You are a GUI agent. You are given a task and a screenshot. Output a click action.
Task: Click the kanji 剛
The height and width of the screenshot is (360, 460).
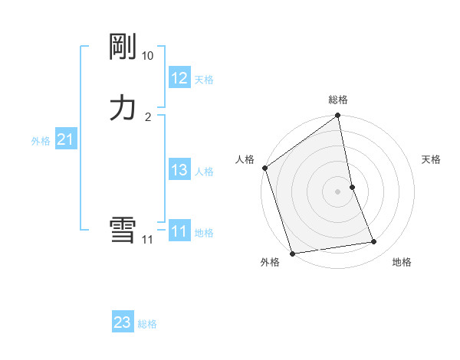123,47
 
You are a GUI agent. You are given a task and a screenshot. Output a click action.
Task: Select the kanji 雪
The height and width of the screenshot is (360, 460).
123,231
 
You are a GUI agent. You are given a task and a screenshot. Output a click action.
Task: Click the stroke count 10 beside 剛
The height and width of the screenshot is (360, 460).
147,56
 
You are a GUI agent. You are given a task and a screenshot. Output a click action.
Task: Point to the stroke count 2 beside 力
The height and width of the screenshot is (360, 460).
148,116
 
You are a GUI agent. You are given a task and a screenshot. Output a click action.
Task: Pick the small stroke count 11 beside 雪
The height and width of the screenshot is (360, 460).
147,240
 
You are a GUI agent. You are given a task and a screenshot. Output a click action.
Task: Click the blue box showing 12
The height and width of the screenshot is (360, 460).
179,78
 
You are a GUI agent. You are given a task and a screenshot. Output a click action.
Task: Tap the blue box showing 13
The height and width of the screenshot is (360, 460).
179,170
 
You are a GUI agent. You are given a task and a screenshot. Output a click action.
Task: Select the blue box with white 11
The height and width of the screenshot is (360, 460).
179,231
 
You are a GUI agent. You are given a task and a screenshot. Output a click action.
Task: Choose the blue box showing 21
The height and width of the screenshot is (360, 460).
65,139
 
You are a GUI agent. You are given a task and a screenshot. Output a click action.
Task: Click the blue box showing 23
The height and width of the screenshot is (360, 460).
123,322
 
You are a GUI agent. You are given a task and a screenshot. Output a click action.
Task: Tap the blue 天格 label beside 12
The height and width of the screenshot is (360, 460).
204,80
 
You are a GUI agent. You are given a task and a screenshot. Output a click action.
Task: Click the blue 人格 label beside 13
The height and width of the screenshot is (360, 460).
204,172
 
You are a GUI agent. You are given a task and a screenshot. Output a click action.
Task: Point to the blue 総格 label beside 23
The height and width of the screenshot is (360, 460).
147,324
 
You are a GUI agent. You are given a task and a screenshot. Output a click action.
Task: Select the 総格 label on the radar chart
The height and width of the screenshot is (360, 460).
338,100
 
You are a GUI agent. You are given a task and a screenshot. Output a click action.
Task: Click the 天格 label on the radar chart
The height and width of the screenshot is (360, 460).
431,159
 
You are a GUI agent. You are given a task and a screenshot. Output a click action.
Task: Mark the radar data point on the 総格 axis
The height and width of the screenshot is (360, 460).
338,116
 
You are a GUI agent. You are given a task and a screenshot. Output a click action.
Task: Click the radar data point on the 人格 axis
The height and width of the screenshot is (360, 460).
264,168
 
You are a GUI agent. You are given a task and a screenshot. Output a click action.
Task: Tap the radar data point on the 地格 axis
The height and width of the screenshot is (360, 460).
374,242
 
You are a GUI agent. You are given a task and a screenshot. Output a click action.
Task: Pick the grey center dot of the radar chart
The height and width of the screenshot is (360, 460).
338,191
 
